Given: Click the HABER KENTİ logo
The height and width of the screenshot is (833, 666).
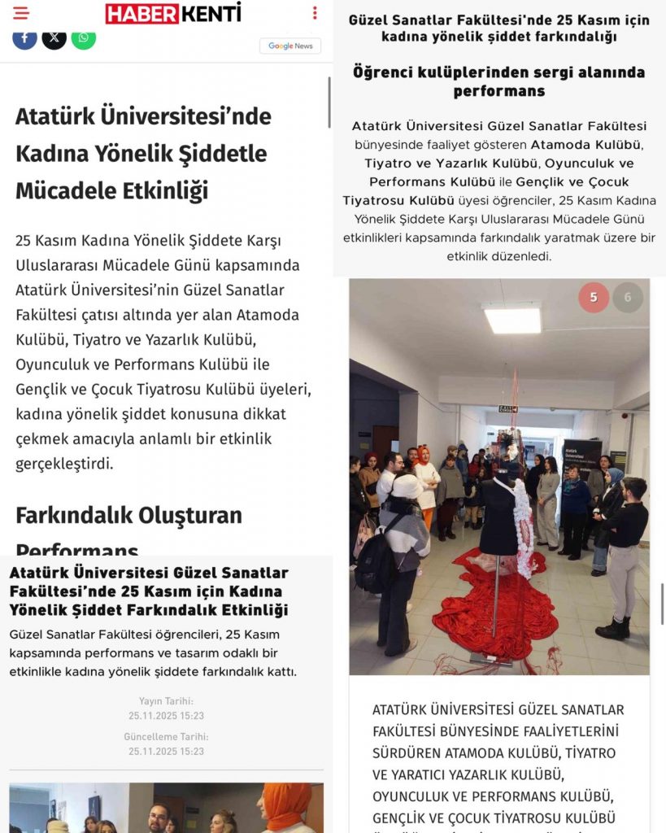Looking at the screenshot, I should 172,13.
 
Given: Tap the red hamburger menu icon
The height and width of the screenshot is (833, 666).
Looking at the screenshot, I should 20,13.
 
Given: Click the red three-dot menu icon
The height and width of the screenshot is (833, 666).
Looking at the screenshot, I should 315,13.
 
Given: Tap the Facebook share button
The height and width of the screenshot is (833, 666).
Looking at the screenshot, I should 24,37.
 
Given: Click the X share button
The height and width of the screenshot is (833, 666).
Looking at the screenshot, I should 54,37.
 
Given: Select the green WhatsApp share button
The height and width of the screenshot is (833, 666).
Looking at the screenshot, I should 83,37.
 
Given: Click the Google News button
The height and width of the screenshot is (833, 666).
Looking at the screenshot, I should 290,46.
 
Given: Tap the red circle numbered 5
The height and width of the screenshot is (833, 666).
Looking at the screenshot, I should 594,298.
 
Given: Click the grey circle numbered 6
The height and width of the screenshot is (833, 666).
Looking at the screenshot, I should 627,298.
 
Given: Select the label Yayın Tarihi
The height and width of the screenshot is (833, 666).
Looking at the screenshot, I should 166,701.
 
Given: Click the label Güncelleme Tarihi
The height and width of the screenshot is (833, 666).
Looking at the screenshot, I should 166,737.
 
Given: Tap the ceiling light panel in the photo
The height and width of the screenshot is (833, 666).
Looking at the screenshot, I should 512,319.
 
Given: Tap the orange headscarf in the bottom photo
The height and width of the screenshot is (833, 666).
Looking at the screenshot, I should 286,801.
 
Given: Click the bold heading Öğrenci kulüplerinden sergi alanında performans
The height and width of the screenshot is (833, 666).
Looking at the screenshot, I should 499,81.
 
